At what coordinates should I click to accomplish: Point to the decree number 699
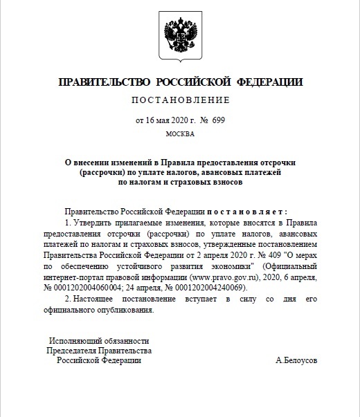pos(218,120)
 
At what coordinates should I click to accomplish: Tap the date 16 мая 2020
pos(162,120)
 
